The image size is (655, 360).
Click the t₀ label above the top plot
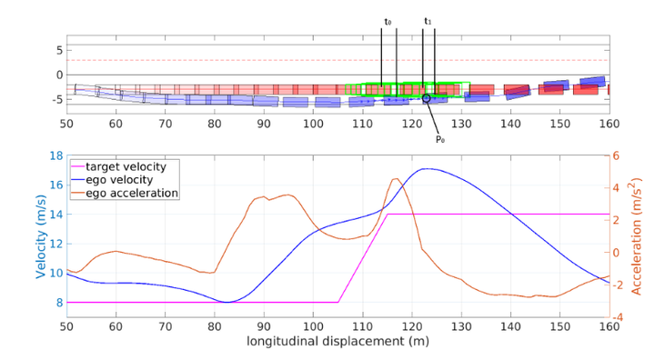coord(388,21)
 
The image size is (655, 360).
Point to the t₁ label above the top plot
coord(428,21)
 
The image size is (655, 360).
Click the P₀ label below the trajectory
coord(439,139)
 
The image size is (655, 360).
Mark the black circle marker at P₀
coord(426,98)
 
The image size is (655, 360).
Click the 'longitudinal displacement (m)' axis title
coord(338,343)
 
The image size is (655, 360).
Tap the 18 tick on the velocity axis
coord(55,155)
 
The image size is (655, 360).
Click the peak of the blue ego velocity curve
coord(425,169)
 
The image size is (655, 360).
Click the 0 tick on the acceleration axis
coord(616,253)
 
